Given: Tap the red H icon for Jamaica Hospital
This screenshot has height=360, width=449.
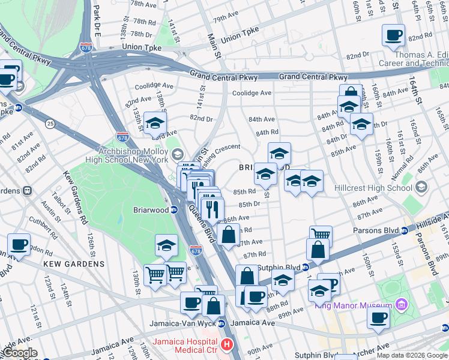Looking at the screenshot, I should (x=227, y=344).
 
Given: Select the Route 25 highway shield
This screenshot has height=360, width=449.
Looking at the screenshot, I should (x=50, y=124).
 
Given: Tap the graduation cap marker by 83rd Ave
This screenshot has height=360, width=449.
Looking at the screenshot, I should (x=155, y=122).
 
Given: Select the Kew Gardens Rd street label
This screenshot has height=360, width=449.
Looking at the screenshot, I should (x=73, y=193).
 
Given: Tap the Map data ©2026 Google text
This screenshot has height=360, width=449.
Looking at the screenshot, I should (x=411, y=355).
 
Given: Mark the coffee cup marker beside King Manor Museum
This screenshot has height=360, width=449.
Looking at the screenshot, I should (x=378, y=317).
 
